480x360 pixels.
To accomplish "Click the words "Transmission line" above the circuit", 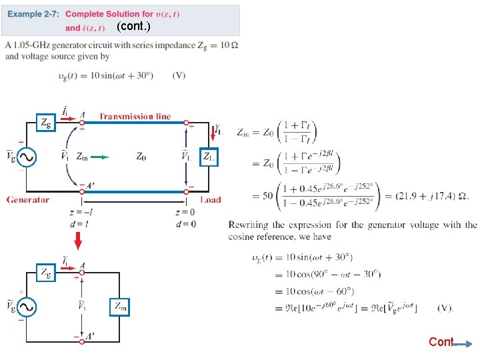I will pos(135,117).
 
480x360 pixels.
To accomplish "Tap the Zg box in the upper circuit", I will pos(45,123).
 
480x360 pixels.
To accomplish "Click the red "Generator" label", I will pos(28,199).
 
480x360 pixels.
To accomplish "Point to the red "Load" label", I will pos(211,199).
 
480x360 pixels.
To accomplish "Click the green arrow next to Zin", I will pos(99,157).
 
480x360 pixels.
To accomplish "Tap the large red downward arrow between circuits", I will pos(78,239).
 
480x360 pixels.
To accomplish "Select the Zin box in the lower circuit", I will pos(120,307).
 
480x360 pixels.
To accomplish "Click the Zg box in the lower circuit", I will pos(45,272).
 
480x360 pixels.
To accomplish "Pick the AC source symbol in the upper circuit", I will pos(27,157).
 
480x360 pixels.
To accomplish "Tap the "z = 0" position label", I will pos(185,213).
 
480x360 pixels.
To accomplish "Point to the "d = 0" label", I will pos(185,224).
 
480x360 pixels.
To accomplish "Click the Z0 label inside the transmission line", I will pos(141,157).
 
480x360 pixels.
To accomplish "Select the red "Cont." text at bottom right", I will pos(441,342).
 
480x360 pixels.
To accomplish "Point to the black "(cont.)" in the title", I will pos(133,27).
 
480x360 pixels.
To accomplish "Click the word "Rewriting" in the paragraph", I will pos(248,225).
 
